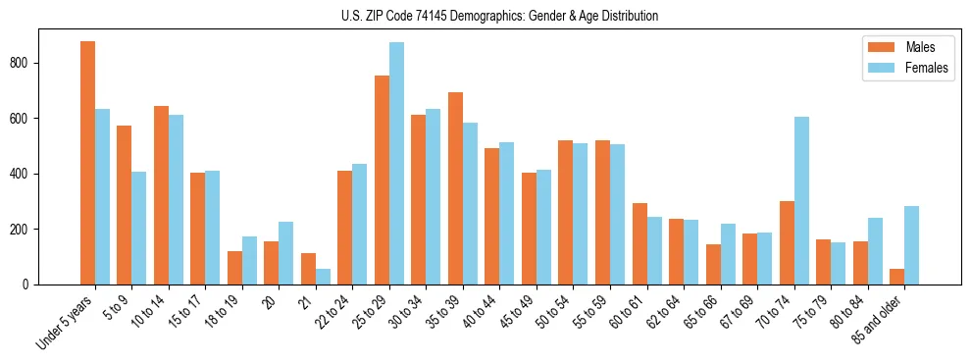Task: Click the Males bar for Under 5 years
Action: pos(87,163)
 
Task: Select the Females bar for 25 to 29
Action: pos(396,163)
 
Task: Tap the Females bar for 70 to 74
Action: pos(801,200)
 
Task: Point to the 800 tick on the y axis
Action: pos(38,63)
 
